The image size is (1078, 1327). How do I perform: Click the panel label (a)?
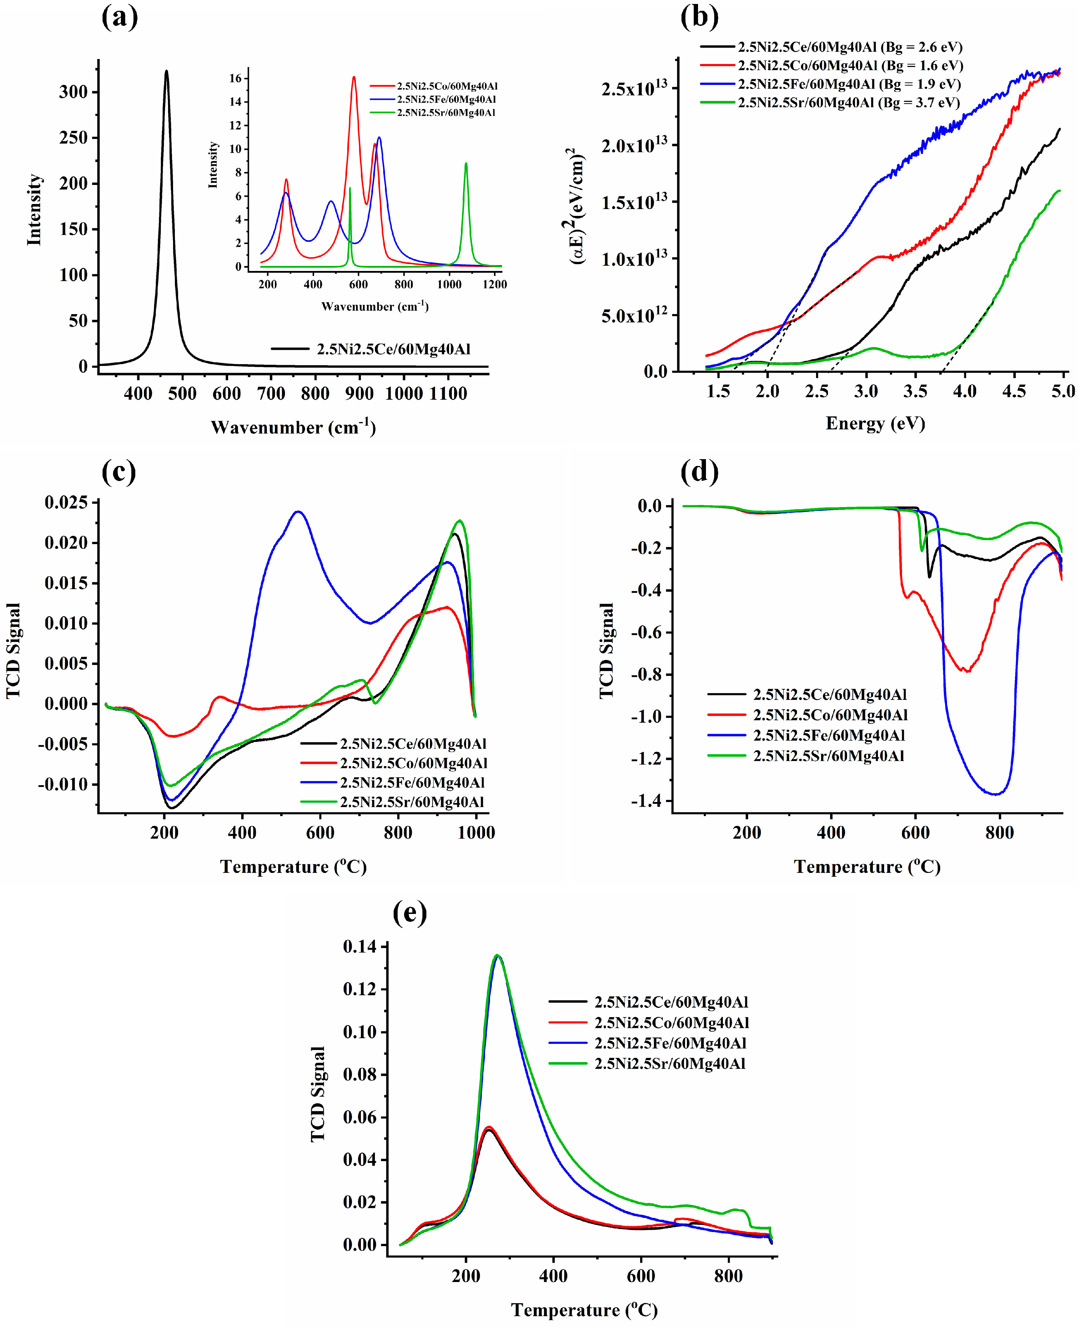(119, 17)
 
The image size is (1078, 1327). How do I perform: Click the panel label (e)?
(410, 913)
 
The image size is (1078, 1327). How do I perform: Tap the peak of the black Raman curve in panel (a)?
(167, 71)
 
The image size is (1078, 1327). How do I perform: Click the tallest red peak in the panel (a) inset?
(354, 77)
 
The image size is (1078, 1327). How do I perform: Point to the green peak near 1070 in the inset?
(466, 163)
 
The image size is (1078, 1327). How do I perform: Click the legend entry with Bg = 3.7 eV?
(848, 103)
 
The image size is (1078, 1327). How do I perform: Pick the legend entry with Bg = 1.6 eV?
(850, 65)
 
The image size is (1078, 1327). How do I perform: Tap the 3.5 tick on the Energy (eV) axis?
(915, 391)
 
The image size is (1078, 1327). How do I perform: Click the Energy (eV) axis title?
(875, 424)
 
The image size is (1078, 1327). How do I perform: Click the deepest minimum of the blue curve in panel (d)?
(997, 794)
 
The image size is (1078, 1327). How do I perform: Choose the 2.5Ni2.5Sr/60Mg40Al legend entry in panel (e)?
(669, 1064)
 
